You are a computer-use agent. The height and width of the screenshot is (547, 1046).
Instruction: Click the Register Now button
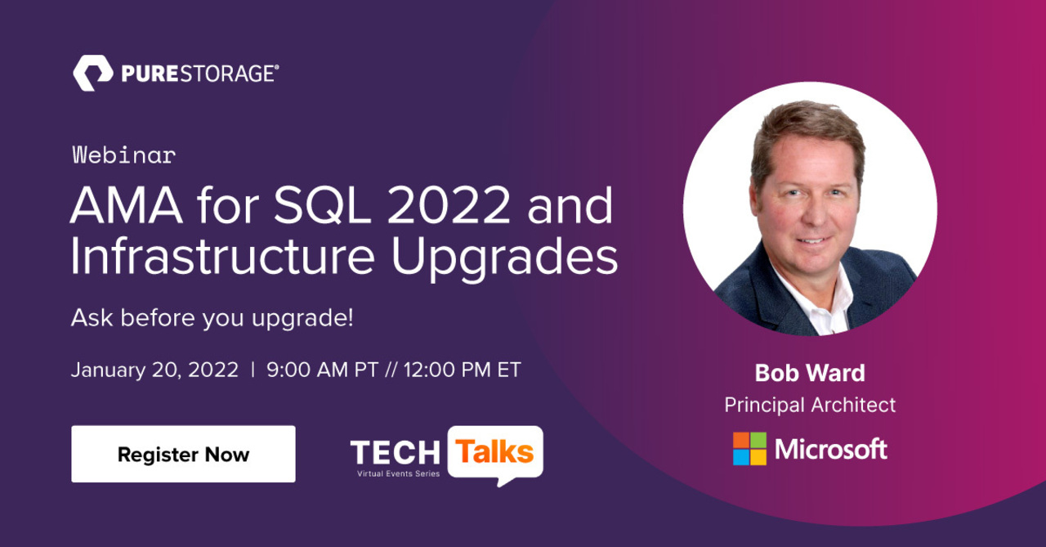tap(183, 455)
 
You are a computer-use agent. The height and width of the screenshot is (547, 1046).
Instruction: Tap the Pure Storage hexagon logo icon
tap(92, 74)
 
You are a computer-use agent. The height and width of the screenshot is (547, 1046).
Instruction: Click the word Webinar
tap(123, 155)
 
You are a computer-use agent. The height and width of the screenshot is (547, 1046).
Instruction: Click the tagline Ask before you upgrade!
tap(212, 317)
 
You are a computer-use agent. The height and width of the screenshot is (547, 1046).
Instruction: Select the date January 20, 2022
tap(154, 370)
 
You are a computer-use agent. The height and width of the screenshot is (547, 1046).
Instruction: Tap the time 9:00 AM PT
tap(322, 370)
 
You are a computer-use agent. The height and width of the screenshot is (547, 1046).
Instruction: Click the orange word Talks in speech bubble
tap(494, 451)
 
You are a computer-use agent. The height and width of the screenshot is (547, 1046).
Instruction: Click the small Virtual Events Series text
tap(398, 473)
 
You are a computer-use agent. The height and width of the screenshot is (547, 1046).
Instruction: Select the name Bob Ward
tap(809, 373)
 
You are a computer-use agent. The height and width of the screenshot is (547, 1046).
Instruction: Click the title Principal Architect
tap(809, 405)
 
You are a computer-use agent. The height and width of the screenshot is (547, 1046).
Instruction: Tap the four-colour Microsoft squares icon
tap(749, 449)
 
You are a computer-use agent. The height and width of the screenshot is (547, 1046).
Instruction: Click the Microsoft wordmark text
tap(830, 449)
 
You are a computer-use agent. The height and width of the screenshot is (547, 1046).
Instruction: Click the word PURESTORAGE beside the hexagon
tap(199, 74)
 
